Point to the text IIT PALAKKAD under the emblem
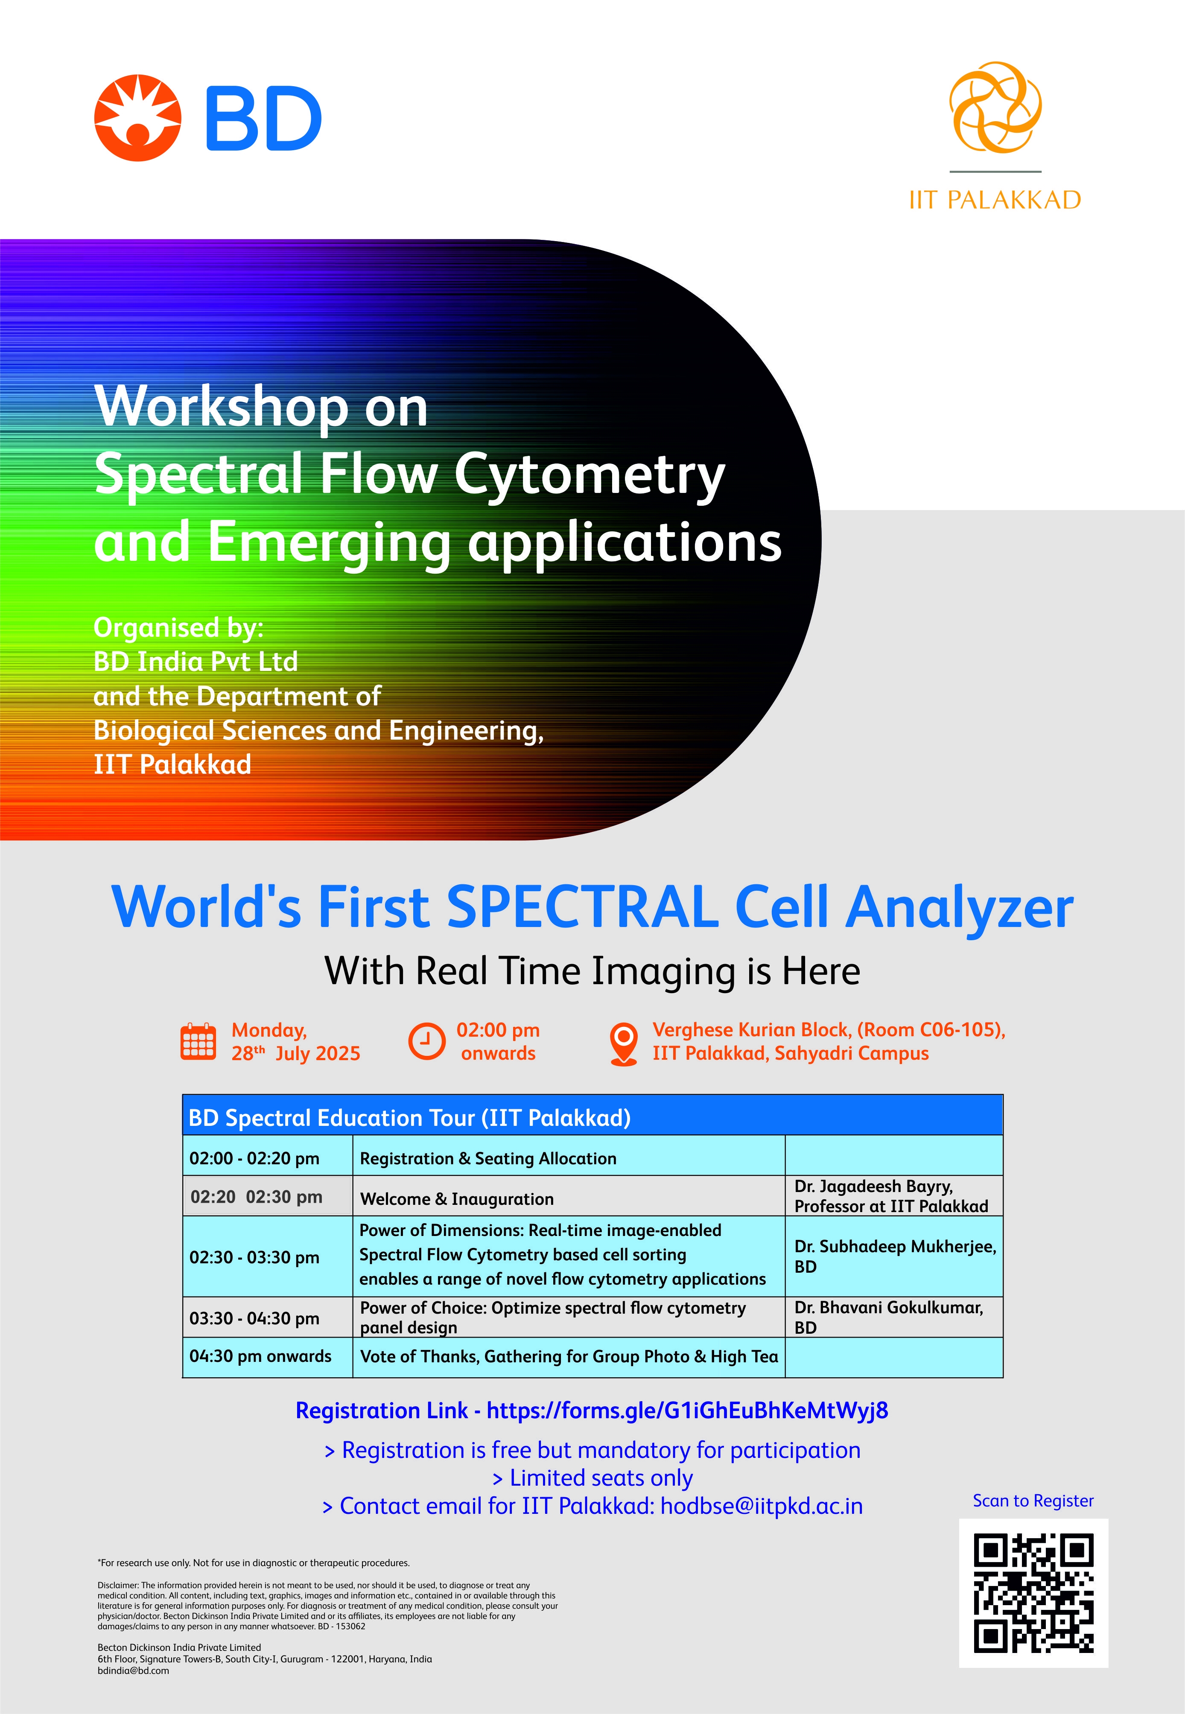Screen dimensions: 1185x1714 tap(995, 200)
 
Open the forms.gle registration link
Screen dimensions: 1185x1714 tap(688, 1411)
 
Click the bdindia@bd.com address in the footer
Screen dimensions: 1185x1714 tap(134, 1671)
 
